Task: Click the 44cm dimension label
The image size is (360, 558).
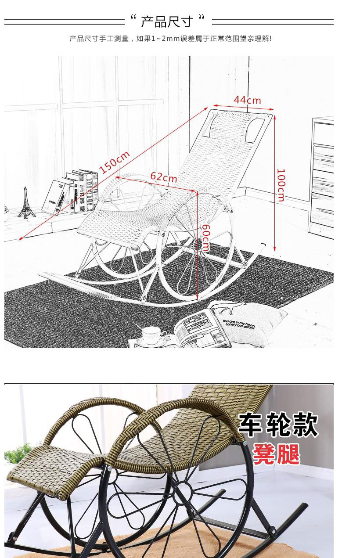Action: pyautogui.click(x=247, y=100)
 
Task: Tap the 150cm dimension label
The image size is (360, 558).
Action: pyautogui.click(x=114, y=162)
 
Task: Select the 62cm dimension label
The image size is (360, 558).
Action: pyautogui.click(x=164, y=177)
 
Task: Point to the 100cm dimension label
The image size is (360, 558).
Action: pyautogui.click(x=281, y=185)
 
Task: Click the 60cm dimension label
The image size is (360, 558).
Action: pyautogui.click(x=205, y=238)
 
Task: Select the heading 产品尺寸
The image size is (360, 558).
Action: pyautogui.click(x=167, y=21)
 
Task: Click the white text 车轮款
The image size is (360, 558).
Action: pyautogui.click(x=278, y=425)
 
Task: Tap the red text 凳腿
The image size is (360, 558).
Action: pyautogui.click(x=277, y=454)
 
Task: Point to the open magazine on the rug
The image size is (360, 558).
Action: pyautogui.click(x=200, y=327)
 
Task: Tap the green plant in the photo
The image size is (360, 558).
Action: pyautogui.click(x=18, y=454)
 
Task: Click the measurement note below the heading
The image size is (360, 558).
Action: pyautogui.click(x=170, y=39)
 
